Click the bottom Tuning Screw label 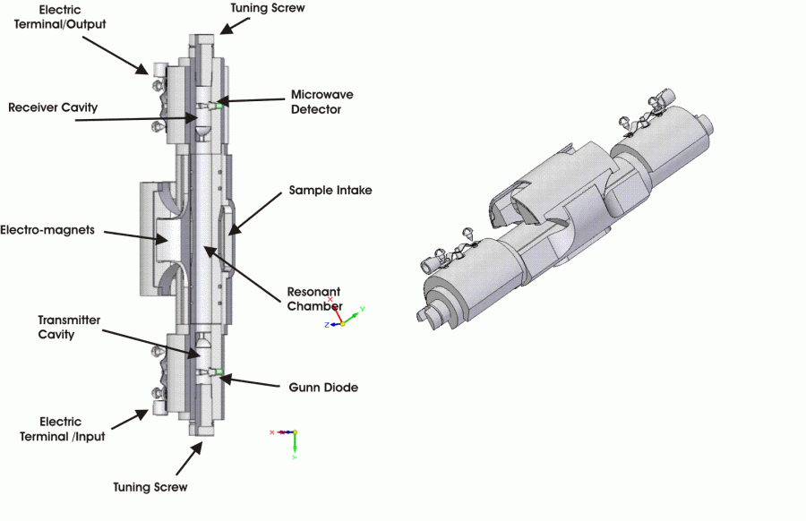point(150,487)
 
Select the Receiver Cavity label point(53,107)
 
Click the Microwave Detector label point(316,101)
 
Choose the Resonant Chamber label point(313,299)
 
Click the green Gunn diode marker point(218,371)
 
